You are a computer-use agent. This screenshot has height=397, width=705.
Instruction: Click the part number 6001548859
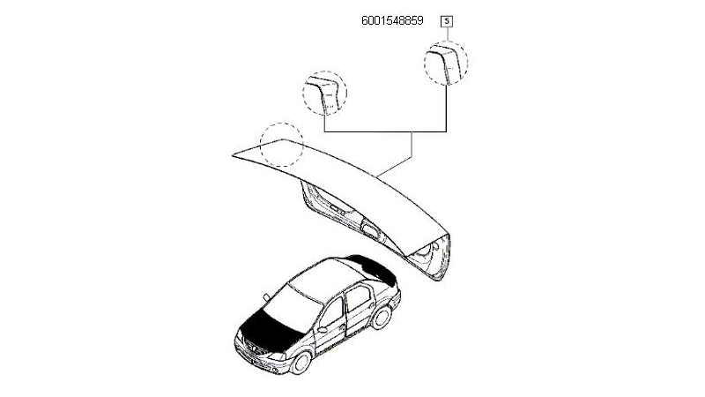(x=392, y=20)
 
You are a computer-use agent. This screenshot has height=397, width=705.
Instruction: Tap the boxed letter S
(x=447, y=21)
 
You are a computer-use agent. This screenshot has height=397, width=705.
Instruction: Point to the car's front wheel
(x=301, y=363)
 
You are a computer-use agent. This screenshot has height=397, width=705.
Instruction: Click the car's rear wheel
(x=382, y=317)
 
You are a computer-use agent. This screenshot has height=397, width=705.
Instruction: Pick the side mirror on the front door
(x=322, y=330)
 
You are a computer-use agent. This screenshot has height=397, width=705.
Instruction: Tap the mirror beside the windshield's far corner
(x=266, y=297)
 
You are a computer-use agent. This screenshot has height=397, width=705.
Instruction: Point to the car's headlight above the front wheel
(x=277, y=356)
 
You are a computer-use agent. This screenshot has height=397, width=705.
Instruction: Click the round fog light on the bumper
(x=274, y=371)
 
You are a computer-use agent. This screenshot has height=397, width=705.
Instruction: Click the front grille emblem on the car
(x=253, y=348)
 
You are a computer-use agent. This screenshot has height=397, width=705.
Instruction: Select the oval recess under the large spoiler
(x=370, y=230)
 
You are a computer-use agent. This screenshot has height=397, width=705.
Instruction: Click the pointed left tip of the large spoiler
(x=233, y=156)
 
